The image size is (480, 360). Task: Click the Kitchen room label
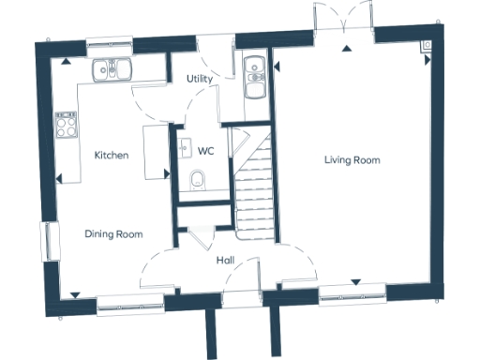pos(112,155)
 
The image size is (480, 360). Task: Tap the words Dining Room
pos(113,233)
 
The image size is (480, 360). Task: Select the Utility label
pos(199,79)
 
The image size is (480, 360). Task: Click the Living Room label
pos(352,160)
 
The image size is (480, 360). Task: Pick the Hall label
pos(226,260)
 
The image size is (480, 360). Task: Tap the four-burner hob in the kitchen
pos(66,125)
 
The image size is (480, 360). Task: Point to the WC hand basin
pos(184,146)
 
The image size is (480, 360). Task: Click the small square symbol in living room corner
pos(427,44)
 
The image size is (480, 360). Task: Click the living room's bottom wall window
pos(354,299)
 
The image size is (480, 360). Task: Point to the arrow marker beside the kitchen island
pos(167,172)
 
